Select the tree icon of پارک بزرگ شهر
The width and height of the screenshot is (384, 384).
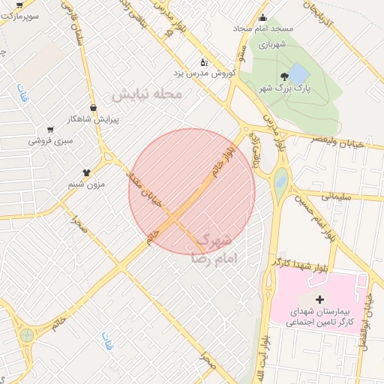click(283, 77)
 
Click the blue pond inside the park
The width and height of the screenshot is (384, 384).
click(298, 73)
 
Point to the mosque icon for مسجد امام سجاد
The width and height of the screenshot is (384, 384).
click(262, 19)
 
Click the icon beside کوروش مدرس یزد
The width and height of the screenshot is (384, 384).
click(202, 62)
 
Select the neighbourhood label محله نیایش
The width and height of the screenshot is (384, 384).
click(147, 95)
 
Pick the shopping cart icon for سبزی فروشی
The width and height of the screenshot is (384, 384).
click(50, 129)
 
